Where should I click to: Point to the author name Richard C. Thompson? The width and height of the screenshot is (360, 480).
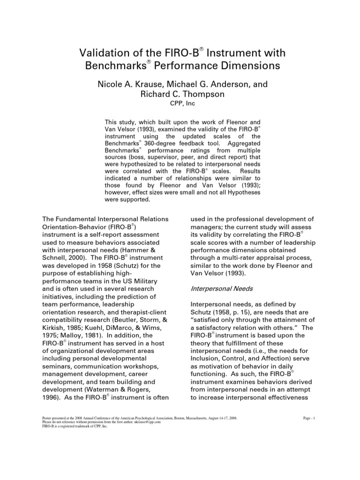click(180, 94)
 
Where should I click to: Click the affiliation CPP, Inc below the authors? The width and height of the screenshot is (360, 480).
click(180, 103)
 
